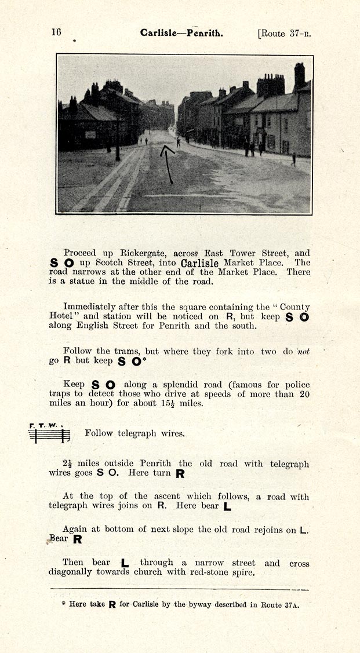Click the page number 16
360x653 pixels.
pos(56,32)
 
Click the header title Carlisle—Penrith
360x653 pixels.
pos(181,33)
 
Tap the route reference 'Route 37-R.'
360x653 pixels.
pos(285,33)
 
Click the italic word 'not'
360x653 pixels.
pos(303,351)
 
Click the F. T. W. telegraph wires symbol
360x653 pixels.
pos(49,433)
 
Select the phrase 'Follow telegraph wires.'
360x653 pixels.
pos(134,433)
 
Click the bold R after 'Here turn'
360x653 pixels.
pos(180,473)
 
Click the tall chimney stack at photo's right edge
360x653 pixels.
pos(299,76)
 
